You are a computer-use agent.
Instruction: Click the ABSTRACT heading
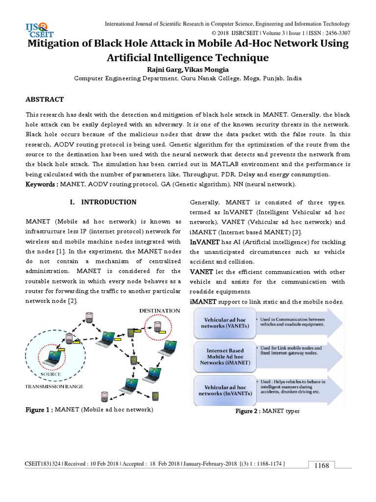point(45,100)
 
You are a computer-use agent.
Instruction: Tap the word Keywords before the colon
point(42,184)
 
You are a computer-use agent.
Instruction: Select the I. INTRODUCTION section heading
point(103,202)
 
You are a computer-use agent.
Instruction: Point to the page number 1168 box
point(322,465)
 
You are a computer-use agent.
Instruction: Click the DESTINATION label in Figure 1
point(159,310)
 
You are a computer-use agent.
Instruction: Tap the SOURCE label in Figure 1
point(51,374)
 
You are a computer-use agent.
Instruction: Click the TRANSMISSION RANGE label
point(54,386)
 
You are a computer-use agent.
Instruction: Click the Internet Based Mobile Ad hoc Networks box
point(225,356)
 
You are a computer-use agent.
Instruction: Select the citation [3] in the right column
point(297,232)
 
